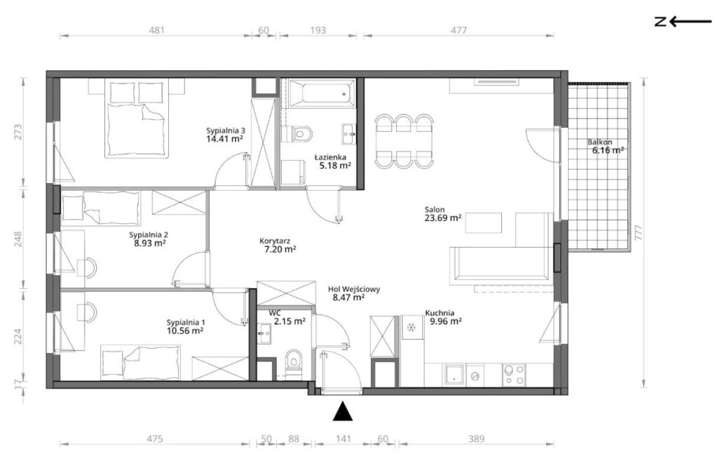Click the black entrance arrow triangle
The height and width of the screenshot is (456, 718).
coord(342,411)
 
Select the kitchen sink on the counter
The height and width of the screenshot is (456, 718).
coord(454,375)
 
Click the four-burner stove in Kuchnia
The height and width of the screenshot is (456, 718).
coord(514,375)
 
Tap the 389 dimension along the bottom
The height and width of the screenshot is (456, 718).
coord(476,439)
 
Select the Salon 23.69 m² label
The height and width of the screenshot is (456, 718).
coord(442,213)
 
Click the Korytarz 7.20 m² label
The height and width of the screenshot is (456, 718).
coord(277,244)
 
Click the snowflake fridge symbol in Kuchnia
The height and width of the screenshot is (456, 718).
coord(412,327)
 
